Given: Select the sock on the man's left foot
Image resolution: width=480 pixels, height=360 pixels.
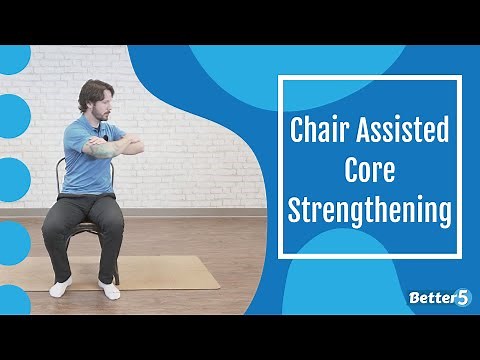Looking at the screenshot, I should [x=109, y=289].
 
